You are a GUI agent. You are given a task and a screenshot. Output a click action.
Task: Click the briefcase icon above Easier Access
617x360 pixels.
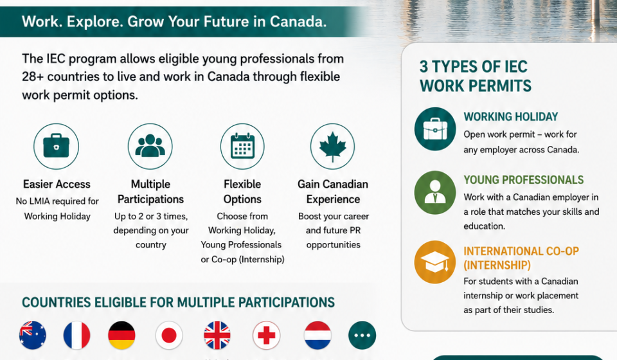(x=57, y=147)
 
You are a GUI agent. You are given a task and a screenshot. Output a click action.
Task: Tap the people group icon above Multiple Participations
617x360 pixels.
(x=150, y=147)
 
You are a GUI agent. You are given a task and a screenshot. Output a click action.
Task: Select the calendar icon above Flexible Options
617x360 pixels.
(x=242, y=147)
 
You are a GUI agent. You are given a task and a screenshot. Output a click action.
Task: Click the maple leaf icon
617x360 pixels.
(x=332, y=147)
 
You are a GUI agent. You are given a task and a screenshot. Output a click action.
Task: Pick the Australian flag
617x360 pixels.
(x=33, y=335)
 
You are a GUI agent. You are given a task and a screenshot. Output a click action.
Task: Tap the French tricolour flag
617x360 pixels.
(x=76, y=335)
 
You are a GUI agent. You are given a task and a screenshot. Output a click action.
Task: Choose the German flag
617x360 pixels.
(x=121, y=335)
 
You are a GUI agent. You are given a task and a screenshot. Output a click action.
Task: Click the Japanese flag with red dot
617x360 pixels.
(x=169, y=335)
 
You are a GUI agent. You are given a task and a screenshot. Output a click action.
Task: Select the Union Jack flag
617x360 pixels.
(x=217, y=335)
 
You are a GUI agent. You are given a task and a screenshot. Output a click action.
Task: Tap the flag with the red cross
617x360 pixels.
(x=266, y=335)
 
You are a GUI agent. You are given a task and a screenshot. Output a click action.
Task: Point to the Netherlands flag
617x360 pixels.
(x=317, y=335)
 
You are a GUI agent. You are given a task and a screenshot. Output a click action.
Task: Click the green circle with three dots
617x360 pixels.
(x=362, y=335)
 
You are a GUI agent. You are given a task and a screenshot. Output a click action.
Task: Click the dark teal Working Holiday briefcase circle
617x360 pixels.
(x=435, y=129)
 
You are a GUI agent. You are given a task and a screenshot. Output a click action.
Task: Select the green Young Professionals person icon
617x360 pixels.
(x=435, y=192)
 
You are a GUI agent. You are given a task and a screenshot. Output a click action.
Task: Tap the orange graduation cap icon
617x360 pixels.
(x=435, y=262)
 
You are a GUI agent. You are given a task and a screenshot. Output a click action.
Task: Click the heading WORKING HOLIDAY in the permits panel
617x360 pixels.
(x=511, y=117)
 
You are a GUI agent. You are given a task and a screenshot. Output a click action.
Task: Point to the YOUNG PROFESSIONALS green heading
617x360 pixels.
(x=523, y=180)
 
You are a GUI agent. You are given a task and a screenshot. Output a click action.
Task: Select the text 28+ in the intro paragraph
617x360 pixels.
(x=33, y=76)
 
